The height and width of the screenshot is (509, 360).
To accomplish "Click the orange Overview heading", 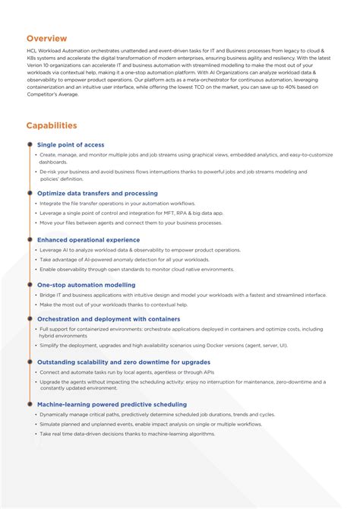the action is tap(46, 38).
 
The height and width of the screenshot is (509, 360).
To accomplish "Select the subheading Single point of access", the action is tap(71, 144).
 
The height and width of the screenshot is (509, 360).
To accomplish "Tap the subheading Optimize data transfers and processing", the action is tap(97, 193).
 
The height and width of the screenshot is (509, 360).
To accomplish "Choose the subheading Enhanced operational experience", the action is tap(88, 239).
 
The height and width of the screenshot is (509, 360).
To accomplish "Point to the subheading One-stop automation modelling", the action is tap(87, 285).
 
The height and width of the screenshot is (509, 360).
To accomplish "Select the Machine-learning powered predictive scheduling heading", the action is tap(111, 404).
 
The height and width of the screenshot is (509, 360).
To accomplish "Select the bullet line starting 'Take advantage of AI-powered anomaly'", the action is tap(125, 259).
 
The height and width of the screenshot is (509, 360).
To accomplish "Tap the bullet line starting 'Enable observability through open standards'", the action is tap(137, 269).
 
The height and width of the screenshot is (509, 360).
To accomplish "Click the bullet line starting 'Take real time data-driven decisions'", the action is tap(130, 434).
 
